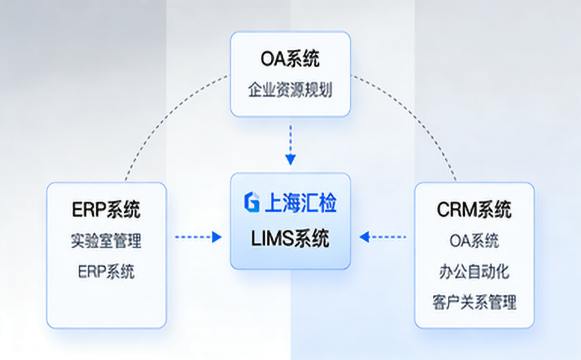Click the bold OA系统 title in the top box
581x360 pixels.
pos(290,60)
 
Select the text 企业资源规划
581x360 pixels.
pos(290,90)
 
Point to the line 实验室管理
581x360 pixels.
pos(106,241)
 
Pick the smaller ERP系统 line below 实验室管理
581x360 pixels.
pos(106,271)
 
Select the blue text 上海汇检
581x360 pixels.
pos(300,202)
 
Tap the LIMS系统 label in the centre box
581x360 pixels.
pos(290,238)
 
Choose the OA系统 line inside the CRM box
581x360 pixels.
pos(474,241)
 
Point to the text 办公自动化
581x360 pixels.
pos(474,271)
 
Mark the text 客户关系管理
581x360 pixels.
pos(474,301)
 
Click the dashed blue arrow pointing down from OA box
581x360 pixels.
pos(290,141)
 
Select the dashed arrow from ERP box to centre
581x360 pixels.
pos(195,237)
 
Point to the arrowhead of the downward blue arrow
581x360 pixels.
pos(290,160)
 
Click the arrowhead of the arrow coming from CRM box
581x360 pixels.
pos(365,237)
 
